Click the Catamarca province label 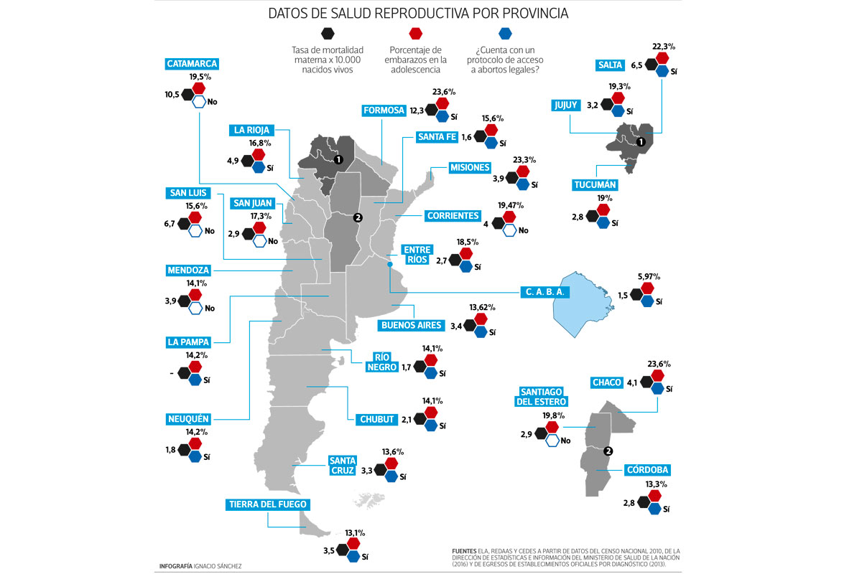point(192,64)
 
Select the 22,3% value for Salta point(664,47)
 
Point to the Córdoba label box point(647,470)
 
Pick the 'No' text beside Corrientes point(523,230)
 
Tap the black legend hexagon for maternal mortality point(328,33)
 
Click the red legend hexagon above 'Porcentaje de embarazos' point(417,33)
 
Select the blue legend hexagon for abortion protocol point(505,33)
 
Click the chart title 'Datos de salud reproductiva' point(419,13)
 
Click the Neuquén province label point(187,418)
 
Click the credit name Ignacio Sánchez point(218,566)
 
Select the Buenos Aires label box point(410,325)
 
